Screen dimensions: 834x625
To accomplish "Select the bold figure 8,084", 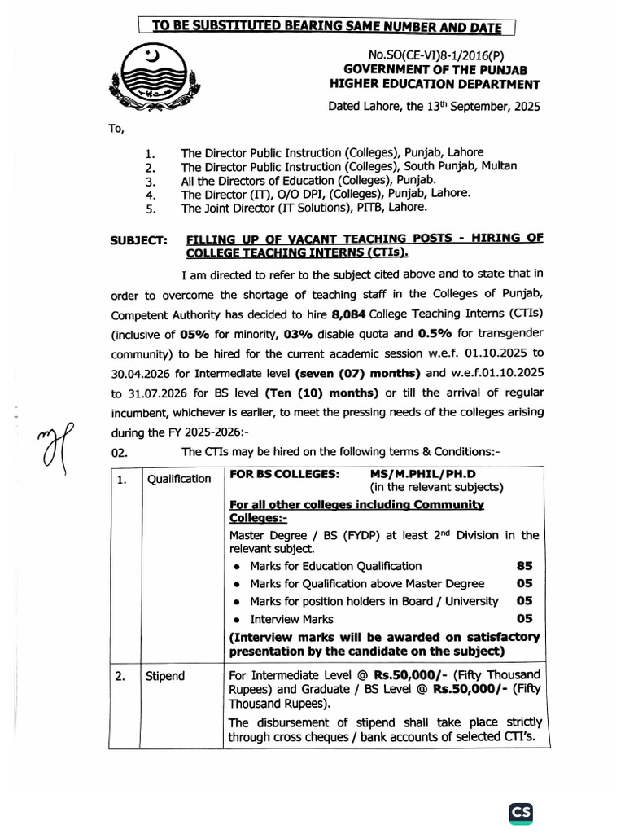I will coord(350,314).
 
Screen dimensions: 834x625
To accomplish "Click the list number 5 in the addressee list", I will coord(149,208).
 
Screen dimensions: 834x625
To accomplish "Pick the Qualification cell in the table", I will coord(178,479).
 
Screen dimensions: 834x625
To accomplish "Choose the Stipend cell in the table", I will coord(166,676).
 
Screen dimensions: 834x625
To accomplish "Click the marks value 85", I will coord(525,566).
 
